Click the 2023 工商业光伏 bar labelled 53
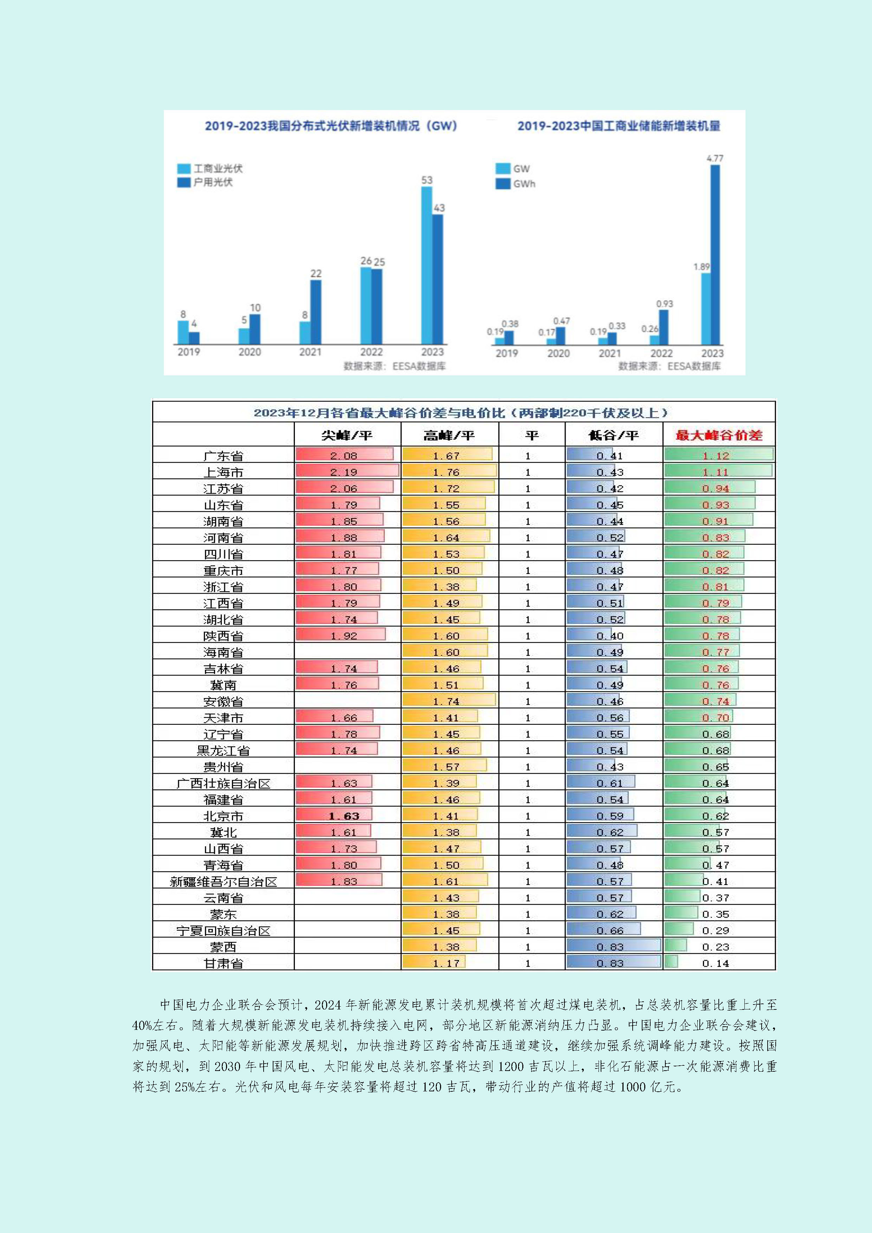(426, 265)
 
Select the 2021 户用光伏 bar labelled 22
(316, 312)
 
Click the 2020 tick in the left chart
(250, 352)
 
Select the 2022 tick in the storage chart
(661, 353)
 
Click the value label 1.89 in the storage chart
(701, 267)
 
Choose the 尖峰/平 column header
(347, 435)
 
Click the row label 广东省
(224, 456)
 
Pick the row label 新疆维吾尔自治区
(224, 881)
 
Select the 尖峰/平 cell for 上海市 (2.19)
(344, 472)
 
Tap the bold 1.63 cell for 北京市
(344, 816)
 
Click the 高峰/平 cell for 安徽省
(447, 701)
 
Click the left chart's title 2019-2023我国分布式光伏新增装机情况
(331, 126)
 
